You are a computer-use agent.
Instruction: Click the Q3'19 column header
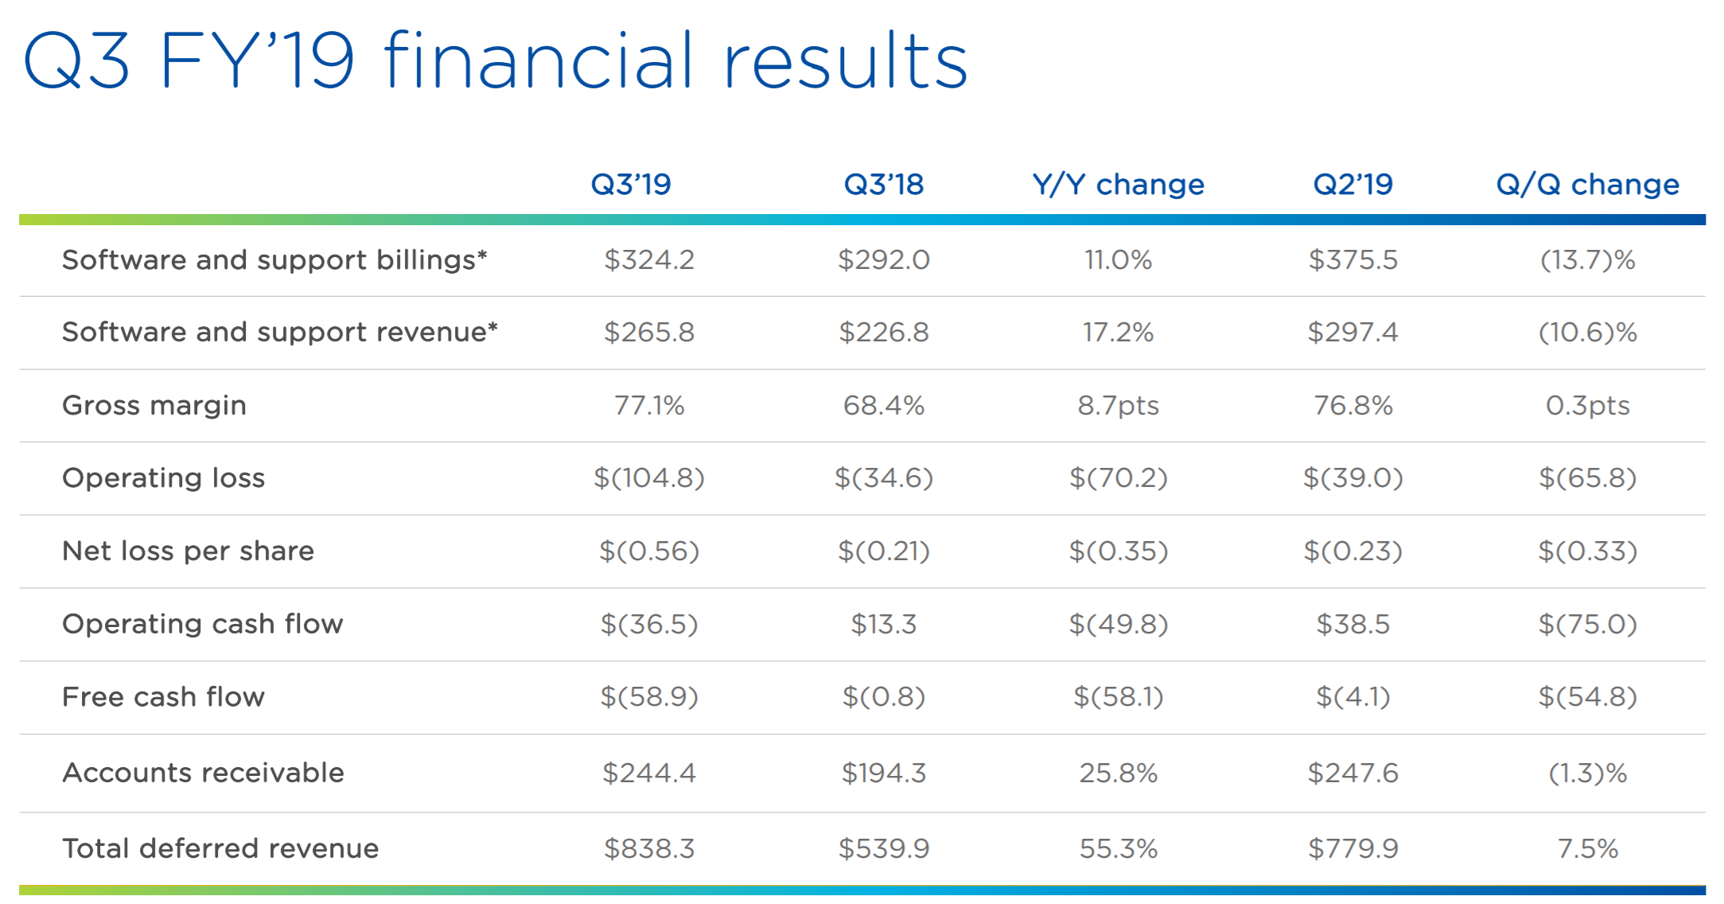click(x=631, y=185)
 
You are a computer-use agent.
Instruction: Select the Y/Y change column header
click(x=1118, y=185)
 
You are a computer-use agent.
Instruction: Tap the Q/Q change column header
click(x=1587, y=185)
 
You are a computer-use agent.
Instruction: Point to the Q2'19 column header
click(x=1352, y=185)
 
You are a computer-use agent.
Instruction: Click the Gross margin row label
click(x=154, y=406)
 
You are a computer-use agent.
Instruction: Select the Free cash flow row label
click(x=163, y=697)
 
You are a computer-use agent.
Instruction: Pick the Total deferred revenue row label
click(x=220, y=848)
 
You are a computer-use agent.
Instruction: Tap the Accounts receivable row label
click(x=203, y=773)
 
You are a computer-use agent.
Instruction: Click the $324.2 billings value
click(x=649, y=260)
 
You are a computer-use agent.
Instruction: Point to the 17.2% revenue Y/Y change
click(x=1118, y=333)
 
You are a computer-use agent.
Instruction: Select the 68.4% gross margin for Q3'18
click(x=884, y=406)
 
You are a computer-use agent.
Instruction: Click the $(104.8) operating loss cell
click(x=649, y=478)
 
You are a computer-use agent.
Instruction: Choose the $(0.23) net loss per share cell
click(x=1352, y=551)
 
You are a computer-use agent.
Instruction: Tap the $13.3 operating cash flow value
click(x=884, y=625)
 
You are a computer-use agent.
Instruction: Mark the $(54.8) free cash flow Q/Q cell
click(x=1587, y=697)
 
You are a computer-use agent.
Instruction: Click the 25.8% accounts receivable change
click(x=1118, y=773)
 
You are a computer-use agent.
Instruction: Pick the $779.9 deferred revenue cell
click(x=1352, y=849)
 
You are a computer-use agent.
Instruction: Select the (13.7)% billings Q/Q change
click(x=1587, y=260)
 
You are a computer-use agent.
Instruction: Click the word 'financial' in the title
click(x=539, y=60)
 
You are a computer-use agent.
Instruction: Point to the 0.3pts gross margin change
click(x=1587, y=406)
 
